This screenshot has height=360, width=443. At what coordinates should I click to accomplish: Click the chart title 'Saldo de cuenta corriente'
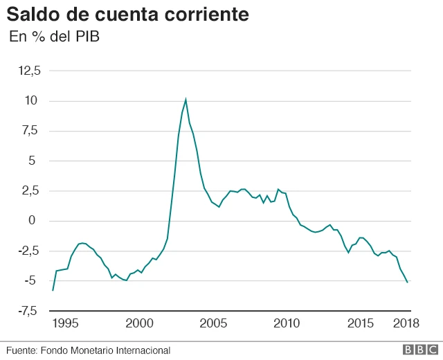pos(128,14)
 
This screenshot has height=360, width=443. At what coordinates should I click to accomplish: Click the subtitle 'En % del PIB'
pos(54,37)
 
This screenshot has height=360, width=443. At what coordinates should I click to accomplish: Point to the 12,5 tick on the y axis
pos(30,71)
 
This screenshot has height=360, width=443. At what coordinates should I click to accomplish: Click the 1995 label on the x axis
pos(65,323)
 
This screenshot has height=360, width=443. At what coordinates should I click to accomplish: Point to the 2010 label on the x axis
pos(287,323)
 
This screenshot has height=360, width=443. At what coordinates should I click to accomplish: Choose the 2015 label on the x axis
pos(361,323)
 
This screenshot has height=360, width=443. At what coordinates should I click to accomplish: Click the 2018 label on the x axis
pos(406,323)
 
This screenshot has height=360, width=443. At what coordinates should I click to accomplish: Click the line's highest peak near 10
pos(186,100)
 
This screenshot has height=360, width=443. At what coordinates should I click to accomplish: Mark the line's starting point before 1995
pos(53,290)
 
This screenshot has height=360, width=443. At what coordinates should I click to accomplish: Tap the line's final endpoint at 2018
pos(407,282)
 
